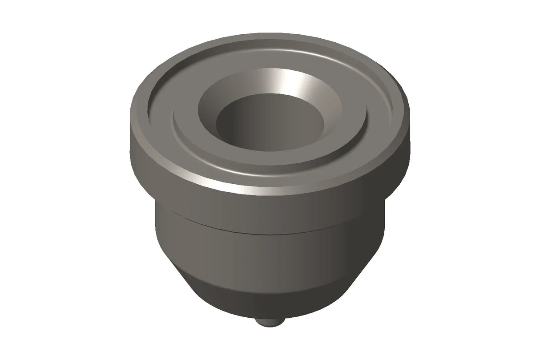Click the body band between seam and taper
point(267,254)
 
